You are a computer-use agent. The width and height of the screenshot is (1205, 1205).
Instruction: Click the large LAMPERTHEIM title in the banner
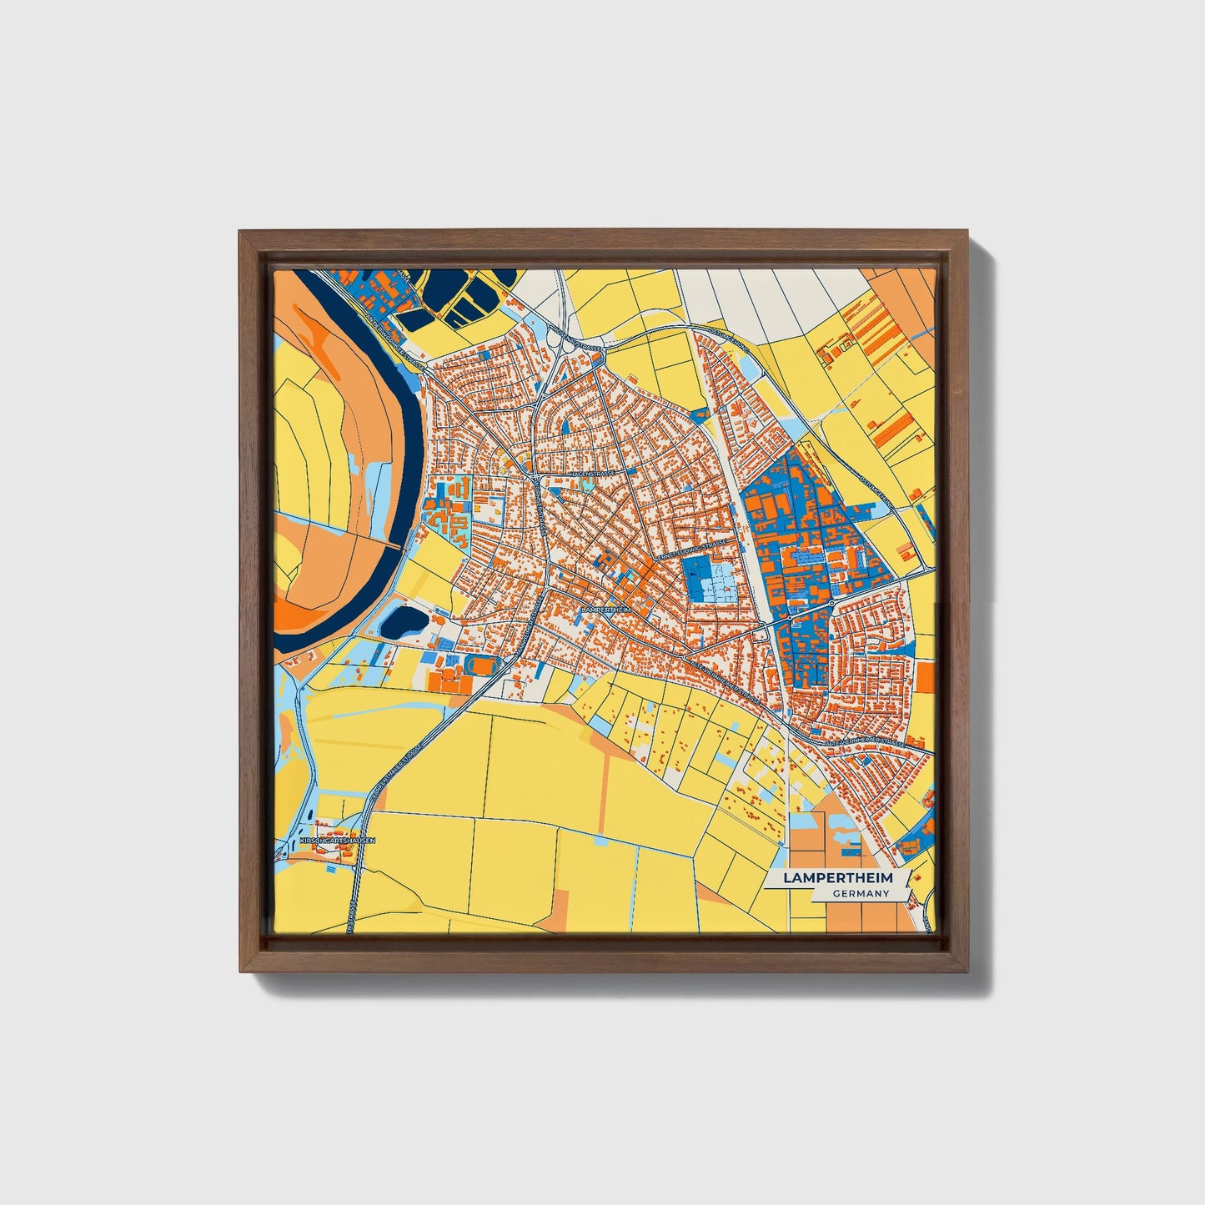click(x=837, y=878)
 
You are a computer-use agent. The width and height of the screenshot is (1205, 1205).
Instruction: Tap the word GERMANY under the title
click(x=861, y=894)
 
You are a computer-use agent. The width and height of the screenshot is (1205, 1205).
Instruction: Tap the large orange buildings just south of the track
click(x=449, y=682)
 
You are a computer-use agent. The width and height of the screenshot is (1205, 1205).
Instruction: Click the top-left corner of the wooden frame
click(x=241, y=233)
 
